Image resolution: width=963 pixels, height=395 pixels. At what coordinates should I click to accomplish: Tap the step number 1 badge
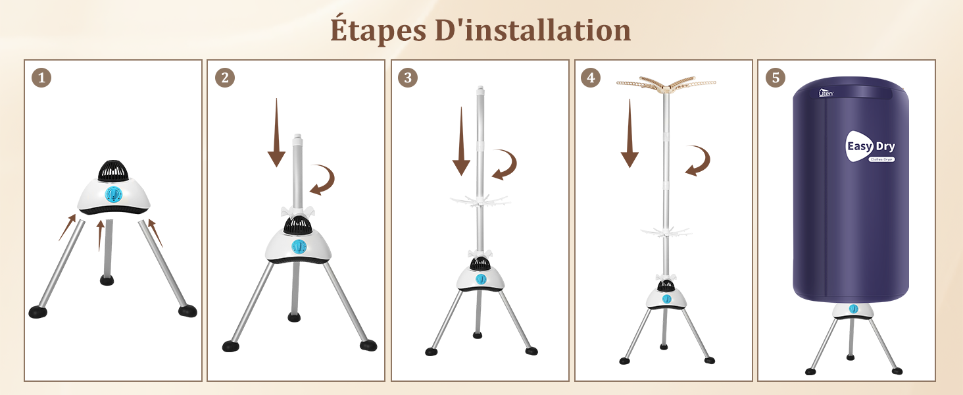[41, 78]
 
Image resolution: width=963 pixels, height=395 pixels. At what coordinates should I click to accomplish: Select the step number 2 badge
[224, 78]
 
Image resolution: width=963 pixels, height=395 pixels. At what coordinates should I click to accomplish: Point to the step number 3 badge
[408, 78]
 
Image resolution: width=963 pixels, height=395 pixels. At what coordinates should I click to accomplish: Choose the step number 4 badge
[591, 78]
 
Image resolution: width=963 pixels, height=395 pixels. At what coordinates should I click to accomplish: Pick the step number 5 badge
[775, 78]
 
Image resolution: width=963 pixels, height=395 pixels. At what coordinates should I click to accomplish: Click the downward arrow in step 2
[276, 132]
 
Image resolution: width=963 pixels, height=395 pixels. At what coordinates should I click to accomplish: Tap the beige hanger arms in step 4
[666, 84]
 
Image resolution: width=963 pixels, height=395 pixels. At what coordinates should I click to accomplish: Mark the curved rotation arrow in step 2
[322, 180]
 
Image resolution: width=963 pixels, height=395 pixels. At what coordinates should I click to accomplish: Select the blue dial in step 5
[853, 309]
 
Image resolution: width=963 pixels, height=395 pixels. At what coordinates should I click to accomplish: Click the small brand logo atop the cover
[826, 93]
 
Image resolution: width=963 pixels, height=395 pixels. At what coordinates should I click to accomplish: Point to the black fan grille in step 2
[297, 225]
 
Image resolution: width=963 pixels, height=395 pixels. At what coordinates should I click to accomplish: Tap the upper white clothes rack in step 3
[480, 201]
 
